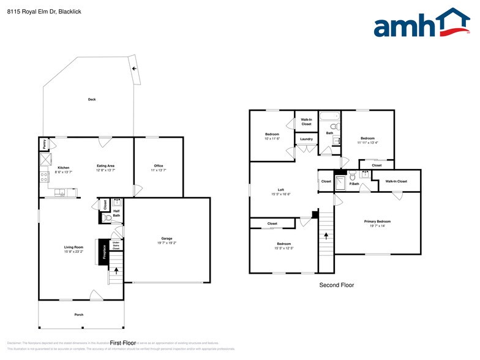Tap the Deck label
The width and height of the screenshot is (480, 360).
tap(92, 99)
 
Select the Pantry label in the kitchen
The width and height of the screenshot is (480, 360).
tap(44, 144)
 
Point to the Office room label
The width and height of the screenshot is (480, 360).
tap(158, 166)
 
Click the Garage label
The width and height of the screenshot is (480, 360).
tap(167, 238)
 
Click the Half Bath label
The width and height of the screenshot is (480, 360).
tap(116, 213)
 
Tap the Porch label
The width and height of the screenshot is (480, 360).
tap(79, 315)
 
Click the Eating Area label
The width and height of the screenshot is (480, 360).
tap(105, 166)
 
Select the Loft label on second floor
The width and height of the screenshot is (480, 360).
tap(281, 190)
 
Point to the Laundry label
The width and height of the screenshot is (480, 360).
tap(307, 139)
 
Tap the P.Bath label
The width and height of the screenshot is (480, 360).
tap(353, 183)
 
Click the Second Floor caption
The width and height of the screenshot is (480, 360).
tap(336, 285)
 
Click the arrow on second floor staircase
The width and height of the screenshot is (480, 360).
tap(326, 234)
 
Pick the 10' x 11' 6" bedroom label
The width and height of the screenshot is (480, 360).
tap(272, 136)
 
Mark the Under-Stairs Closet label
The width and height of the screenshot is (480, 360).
tap(115, 247)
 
